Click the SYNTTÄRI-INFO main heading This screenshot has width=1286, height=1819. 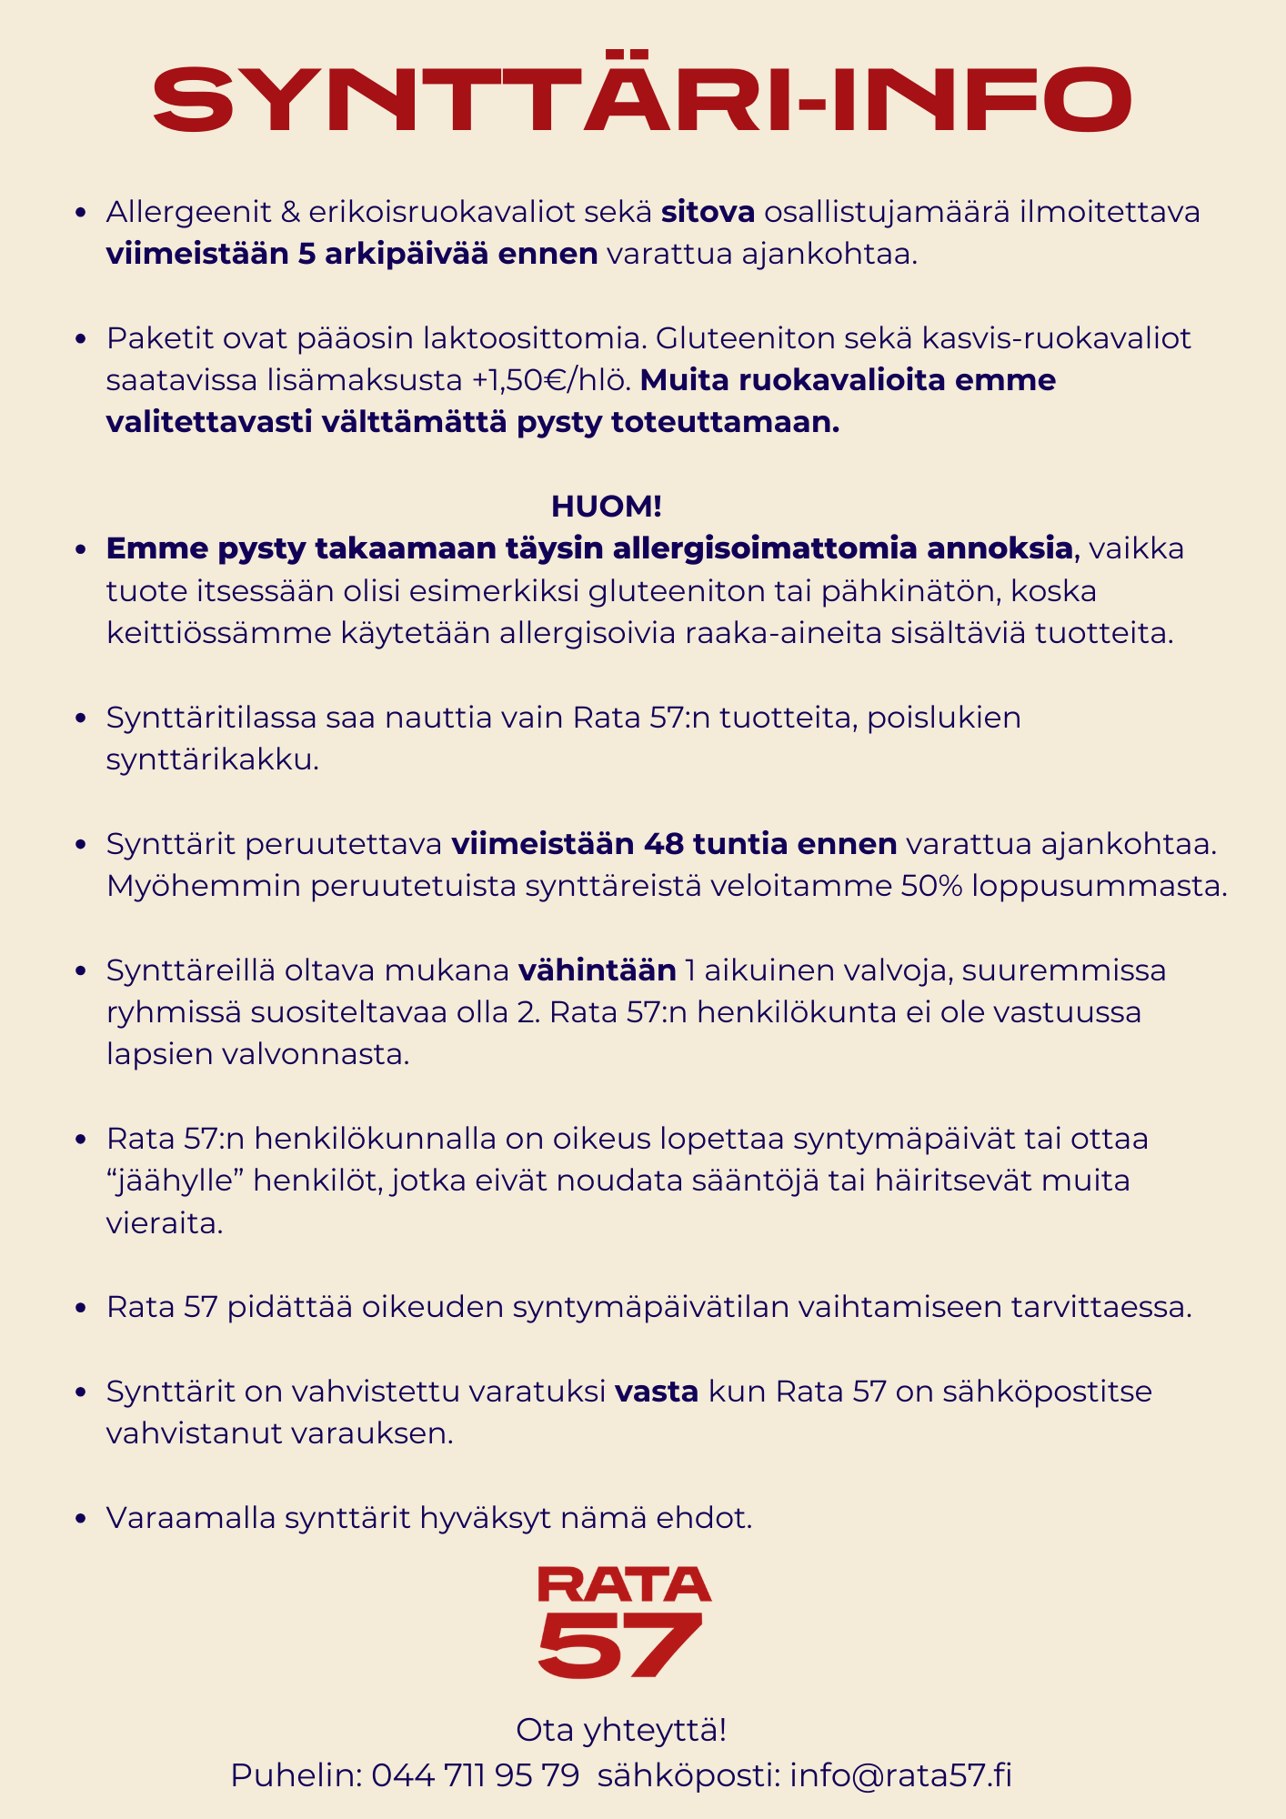pyautogui.click(x=642, y=96)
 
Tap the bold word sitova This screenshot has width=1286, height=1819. pyautogui.click(x=708, y=212)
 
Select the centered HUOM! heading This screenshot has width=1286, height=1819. pyautogui.click(x=607, y=506)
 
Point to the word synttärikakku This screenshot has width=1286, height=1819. pyautogui.click(x=212, y=759)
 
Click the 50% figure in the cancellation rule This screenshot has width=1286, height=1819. pyautogui.click(x=931, y=885)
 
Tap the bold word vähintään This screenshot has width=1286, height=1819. pyautogui.click(x=598, y=970)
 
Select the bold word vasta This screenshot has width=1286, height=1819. pyautogui.click(x=657, y=1392)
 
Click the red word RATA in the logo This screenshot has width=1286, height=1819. pyautogui.click(x=624, y=1583)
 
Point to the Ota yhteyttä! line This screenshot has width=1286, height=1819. pyautogui.click(x=621, y=1730)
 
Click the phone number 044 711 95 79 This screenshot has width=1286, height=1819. pyautogui.click(x=475, y=1774)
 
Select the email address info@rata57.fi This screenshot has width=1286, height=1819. pyautogui.click(x=900, y=1774)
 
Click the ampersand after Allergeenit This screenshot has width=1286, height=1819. pyautogui.click(x=290, y=212)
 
